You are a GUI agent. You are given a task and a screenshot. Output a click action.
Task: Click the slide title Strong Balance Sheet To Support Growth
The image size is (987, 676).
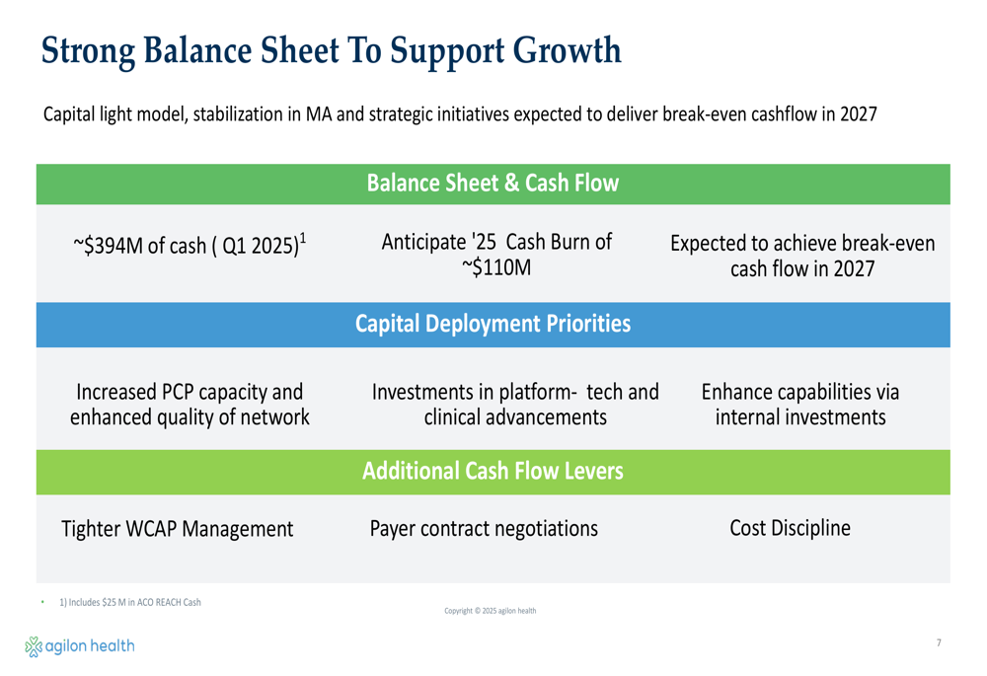pos(331,51)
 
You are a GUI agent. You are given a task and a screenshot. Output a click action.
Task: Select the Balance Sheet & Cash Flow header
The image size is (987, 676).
pos(493,184)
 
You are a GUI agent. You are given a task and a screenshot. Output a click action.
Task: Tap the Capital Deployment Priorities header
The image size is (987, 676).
pos(493,324)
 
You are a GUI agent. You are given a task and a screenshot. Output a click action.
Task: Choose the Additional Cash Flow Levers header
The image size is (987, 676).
pos(493,471)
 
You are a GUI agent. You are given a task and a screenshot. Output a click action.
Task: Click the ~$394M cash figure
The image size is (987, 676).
pos(108,245)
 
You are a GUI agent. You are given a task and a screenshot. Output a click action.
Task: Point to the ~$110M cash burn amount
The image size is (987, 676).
pos(496,267)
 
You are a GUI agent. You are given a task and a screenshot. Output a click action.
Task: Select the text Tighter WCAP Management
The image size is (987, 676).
pos(177,529)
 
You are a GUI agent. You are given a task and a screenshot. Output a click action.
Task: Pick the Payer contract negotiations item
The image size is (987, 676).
pos(484,529)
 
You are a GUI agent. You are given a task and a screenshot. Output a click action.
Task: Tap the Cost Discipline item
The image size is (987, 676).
pos(790,527)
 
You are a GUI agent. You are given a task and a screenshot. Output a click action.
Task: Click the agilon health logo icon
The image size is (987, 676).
pos(34,646)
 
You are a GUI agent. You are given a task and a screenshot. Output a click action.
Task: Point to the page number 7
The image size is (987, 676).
pos(939,642)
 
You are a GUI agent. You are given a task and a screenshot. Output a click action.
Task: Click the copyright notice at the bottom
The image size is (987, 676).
pos(491,611)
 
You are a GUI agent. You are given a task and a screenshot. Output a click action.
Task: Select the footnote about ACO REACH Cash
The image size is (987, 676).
pos(130,602)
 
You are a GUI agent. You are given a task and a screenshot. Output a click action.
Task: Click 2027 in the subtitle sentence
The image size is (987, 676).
pos(858,113)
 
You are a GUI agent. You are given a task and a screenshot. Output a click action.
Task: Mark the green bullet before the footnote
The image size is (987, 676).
pos(42,602)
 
